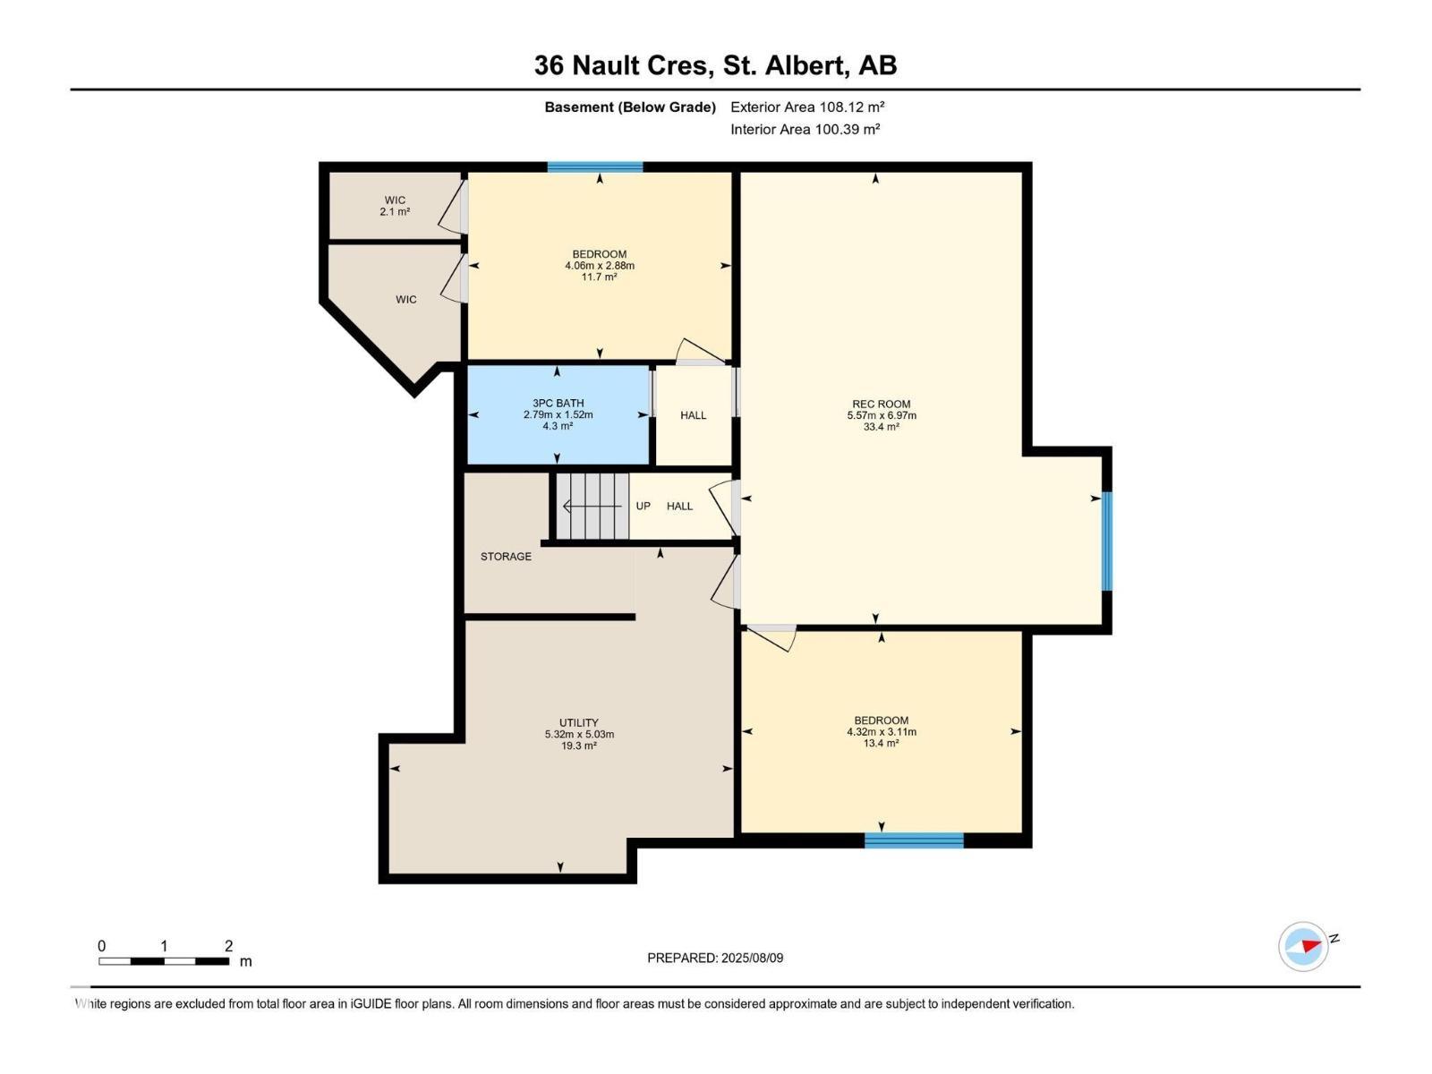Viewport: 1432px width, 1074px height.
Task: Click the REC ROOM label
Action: [881, 405]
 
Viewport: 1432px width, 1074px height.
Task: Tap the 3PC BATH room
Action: [558, 415]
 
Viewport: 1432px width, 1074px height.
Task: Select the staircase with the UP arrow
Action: [592, 507]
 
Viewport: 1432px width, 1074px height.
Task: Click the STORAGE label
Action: [506, 557]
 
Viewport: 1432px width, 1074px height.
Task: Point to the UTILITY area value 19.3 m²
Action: [579, 746]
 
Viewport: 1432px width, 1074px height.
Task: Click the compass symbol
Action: [1303, 946]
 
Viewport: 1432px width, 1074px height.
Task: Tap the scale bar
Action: [163, 961]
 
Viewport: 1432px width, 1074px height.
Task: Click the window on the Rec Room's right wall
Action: [1106, 541]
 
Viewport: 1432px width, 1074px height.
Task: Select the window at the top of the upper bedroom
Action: [595, 167]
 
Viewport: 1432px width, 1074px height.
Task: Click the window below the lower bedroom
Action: [914, 840]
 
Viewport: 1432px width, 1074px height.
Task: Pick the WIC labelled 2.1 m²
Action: [395, 206]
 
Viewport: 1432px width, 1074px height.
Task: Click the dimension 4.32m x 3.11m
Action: [881, 732]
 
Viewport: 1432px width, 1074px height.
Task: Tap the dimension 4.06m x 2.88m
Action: [599, 266]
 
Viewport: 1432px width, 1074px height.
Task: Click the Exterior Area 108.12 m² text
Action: [807, 107]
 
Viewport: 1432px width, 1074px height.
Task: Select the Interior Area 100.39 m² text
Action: [805, 129]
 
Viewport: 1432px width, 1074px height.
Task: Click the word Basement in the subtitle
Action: [578, 107]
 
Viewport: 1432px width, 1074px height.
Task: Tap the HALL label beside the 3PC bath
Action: [693, 415]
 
